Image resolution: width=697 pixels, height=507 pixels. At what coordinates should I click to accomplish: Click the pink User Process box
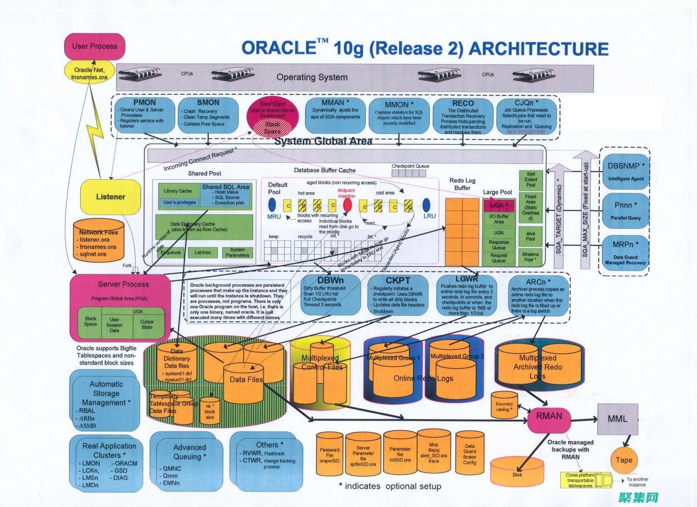94,46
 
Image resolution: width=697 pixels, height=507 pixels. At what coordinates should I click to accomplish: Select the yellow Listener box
110,197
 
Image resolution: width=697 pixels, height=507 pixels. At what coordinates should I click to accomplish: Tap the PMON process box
144,115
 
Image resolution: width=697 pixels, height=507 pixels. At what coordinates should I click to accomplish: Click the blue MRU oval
272,205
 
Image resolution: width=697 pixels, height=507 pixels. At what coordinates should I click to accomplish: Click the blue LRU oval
427,205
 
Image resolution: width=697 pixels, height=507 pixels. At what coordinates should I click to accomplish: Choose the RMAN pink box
549,417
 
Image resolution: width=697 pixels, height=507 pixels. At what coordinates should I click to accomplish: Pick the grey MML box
617,419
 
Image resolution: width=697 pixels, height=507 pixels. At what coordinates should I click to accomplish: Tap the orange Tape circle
624,460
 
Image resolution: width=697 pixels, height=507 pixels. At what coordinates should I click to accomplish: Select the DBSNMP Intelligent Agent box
626,171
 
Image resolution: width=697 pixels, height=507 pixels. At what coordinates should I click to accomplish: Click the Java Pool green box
530,236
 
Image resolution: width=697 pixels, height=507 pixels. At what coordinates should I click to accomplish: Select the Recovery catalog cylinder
504,405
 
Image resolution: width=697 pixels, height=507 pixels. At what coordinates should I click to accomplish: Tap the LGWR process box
466,295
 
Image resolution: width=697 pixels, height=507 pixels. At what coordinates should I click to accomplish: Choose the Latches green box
203,253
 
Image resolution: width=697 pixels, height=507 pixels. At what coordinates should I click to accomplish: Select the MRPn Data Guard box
626,252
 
